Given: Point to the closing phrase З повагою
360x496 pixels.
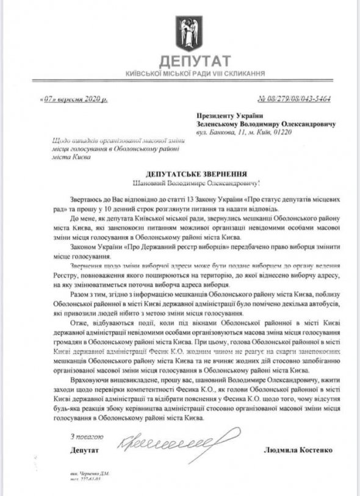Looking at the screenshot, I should point(85,437).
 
